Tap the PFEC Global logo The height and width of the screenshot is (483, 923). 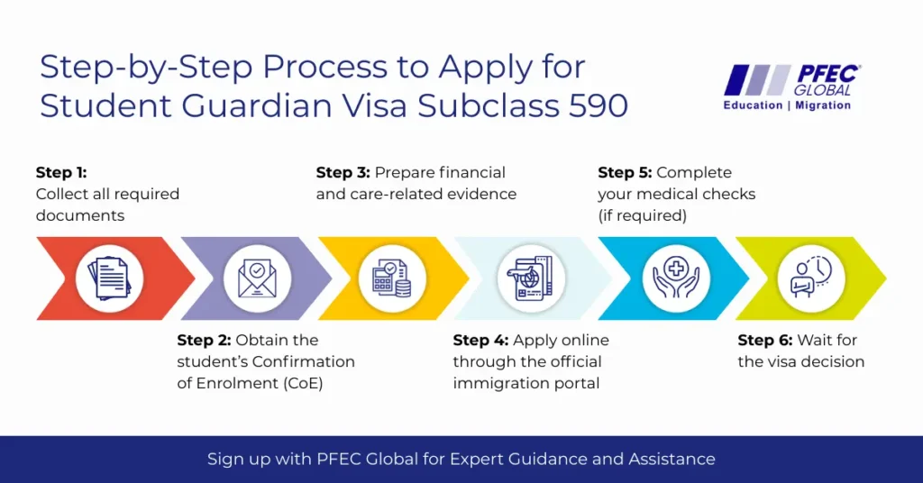pyautogui.click(x=789, y=87)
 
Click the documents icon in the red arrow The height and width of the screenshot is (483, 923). pyautogui.click(x=109, y=278)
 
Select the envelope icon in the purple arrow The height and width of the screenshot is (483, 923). pyautogui.click(x=257, y=278)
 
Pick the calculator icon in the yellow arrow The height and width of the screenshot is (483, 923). pyautogui.click(x=392, y=278)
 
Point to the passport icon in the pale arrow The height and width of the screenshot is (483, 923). pyautogui.click(x=532, y=278)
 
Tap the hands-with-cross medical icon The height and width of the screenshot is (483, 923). pyautogui.click(x=676, y=278)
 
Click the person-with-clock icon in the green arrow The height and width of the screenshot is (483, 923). pyautogui.click(x=811, y=278)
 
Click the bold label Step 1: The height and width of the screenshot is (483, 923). pyautogui.click(x=61, y=172)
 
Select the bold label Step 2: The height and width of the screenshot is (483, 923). pyautogui.click(x=204, y=340)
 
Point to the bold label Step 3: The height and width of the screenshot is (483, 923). pyautogui.click(x=343, y=172)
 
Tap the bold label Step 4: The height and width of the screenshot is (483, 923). pyautogui.click(x=480, y=340)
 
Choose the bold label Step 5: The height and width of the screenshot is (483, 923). pyautogui.click(x=626, y=172)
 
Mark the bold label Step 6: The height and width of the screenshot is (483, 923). pyautogui.click(x=765, y=340)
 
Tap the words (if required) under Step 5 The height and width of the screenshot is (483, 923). pyautogui.click(x=642, y=216)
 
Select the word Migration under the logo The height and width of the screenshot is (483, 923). pyautogui.click(x=823, y=105)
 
